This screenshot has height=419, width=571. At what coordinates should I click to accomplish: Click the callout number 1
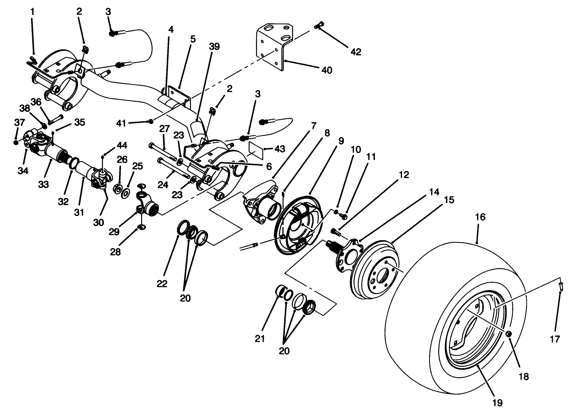tap(32, 12)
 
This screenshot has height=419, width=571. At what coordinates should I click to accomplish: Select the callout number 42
tap(355, 52)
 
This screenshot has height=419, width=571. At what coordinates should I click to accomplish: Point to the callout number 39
tap(214, 47)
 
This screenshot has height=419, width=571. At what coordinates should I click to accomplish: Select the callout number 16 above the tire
tap(480, 217)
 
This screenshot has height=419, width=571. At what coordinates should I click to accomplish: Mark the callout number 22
tap(162, 284)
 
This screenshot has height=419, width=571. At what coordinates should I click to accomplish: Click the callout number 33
tap(43, 184)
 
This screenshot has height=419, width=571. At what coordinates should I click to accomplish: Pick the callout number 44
tap(122, 145)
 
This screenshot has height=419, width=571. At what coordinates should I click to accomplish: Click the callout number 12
tap(404, 175)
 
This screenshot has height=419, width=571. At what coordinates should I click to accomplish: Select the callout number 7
tap(313, 125)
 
